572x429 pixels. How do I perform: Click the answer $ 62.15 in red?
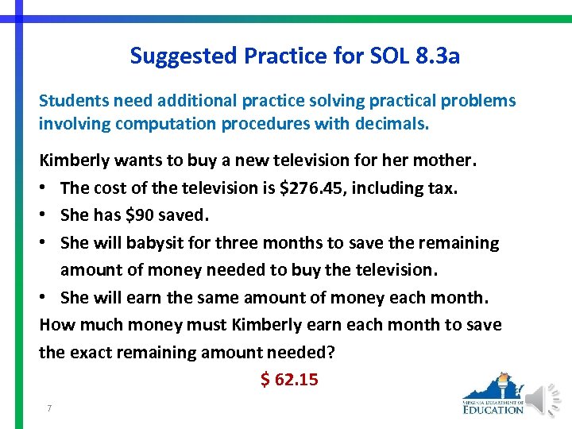289,380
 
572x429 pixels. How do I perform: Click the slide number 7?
49,408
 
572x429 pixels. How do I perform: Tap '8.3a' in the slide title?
438,56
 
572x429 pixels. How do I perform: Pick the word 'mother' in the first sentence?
443,160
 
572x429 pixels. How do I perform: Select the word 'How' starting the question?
56,324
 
